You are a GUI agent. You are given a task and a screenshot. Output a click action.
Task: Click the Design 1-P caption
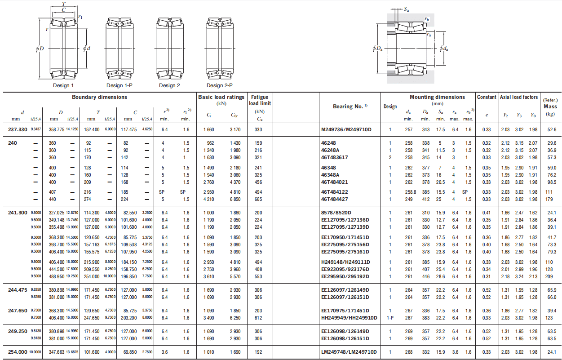tap(119, 85)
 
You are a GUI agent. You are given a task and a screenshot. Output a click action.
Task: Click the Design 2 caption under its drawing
tap(169, 85)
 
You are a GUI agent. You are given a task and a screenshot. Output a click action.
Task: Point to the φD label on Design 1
tap(40, 48)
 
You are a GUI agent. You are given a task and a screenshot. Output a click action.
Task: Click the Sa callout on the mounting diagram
tap(406, 9)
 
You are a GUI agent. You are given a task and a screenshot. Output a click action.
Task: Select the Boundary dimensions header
tap(100, 97)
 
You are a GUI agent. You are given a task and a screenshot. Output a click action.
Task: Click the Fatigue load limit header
tap(260, 100)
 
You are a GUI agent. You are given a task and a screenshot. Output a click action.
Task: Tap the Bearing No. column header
tap(350, 107)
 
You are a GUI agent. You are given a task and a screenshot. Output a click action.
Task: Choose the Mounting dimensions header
tap(437, 97)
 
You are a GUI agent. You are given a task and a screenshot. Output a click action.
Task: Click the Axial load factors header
tap(519, 97)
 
